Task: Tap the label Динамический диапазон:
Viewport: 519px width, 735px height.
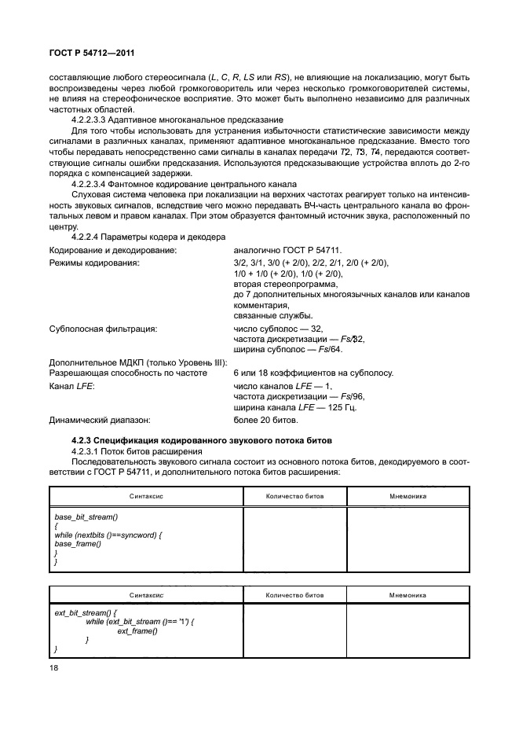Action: point(99,420)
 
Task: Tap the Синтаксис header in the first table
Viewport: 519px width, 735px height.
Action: point(146,497)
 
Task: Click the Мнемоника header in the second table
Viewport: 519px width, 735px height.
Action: point(408,596)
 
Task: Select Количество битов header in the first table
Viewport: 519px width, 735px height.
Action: point(294,497)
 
